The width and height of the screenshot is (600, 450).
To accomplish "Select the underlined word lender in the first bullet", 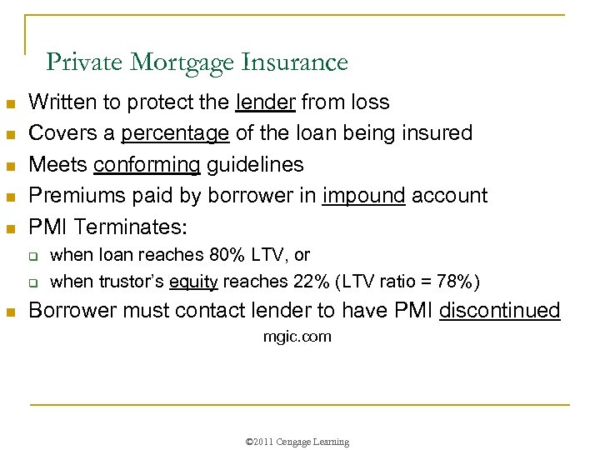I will pyautogui.click(x=266, y=102).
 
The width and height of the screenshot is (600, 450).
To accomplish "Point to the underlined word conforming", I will pyautogui.click(x=147, y=164).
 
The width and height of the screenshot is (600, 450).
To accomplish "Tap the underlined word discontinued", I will pyautogui.click(x=499, y=311).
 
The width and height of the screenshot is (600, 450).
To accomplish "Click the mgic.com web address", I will pyautogui.click(x=297, y=337).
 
